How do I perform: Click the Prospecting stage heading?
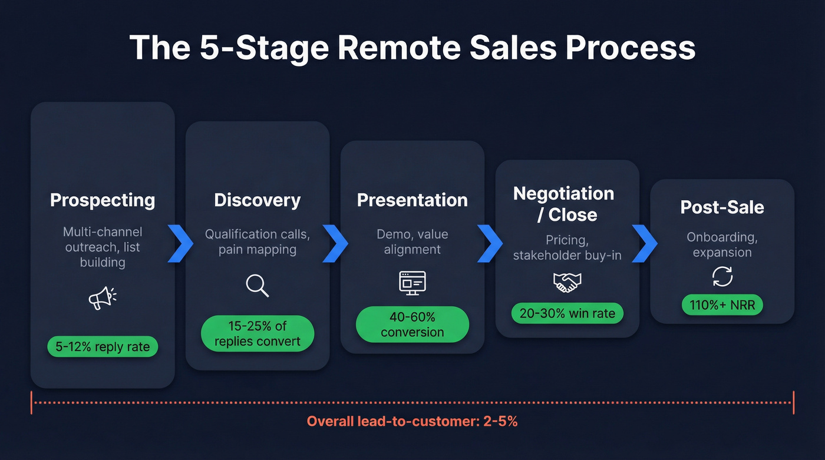[103, 200]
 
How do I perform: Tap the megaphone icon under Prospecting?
[102, 298]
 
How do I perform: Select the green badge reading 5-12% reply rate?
[103, 346]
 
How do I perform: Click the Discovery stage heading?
[258, 200]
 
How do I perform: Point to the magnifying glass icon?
[258, 286]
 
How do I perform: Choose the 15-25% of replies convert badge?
[258, 333]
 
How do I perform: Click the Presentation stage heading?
[412, 200]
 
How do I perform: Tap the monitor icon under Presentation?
[412, 282]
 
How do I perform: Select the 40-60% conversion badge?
[412, 325]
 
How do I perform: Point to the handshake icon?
[567, 283]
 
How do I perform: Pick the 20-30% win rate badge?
[567, 313]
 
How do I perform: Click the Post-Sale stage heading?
[722, 207]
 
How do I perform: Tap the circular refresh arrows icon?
[722, 276]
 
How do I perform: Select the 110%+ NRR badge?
[722, 305]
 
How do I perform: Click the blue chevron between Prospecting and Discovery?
[180, 243]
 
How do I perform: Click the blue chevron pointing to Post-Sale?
[645, 243]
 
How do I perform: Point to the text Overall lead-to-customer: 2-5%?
[412, 421]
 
